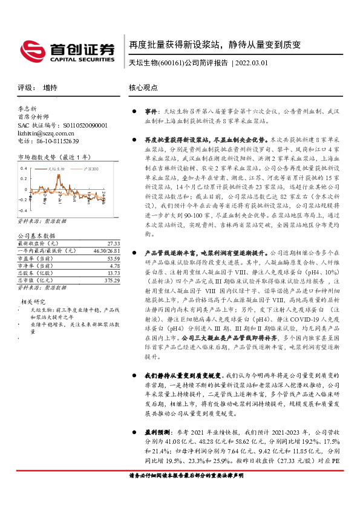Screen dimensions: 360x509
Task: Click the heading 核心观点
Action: (x=143, y=87)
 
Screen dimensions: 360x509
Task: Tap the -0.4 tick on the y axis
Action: (x=23, y=199)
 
